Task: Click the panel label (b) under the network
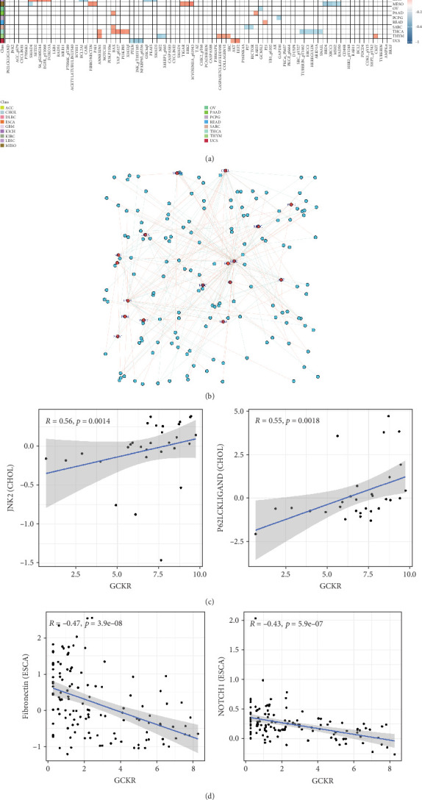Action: point(211,396)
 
